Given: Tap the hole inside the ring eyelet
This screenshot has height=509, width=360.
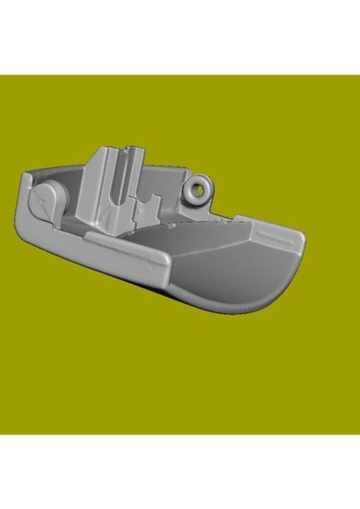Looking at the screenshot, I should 200,189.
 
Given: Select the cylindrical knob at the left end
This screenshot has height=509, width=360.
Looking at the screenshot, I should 49,202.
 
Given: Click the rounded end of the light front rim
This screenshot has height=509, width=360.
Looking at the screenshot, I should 161,263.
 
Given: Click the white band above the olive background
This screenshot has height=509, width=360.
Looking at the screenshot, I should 180,38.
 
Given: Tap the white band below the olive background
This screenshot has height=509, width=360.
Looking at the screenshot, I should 180,471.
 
